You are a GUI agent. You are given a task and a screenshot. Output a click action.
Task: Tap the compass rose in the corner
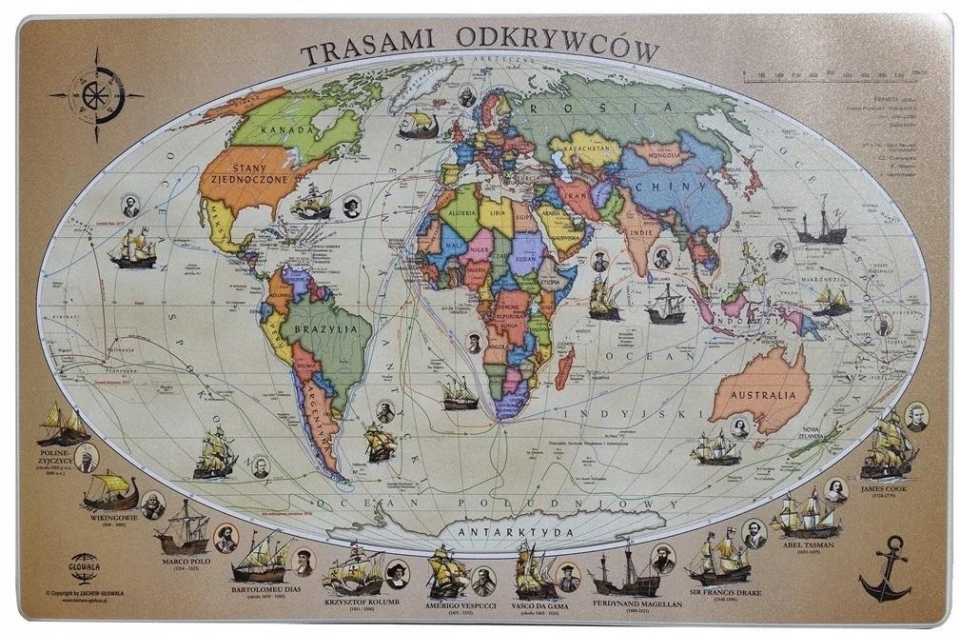coord(96,94)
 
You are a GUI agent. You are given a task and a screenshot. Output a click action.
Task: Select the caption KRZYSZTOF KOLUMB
coord(361,603)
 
